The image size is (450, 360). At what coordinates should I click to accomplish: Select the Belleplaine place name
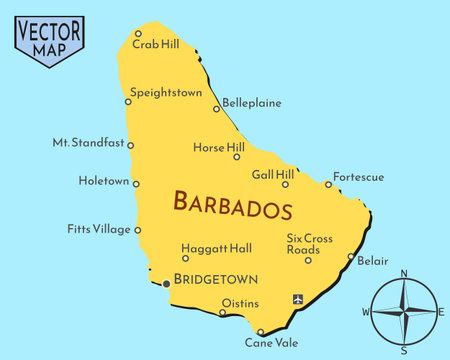pos(251,102)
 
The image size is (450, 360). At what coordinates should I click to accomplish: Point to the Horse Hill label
pos(218,147)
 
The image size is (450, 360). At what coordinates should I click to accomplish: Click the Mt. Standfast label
pos(88,143)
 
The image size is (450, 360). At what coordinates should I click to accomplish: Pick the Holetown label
pos(103,181)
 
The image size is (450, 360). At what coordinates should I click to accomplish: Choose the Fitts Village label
pos(99,229)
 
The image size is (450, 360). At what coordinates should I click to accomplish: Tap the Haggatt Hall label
pos(216,247)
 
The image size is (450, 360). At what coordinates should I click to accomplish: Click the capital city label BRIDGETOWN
pos(216,279)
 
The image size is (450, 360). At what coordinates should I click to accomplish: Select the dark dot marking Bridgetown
pos(166,284)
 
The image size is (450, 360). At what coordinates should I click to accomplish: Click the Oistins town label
pos(240,303)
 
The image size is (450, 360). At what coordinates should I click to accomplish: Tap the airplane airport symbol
pos(297,299)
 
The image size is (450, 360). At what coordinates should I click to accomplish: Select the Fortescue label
pos(358,177)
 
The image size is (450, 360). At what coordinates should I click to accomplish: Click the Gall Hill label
pos(272,173)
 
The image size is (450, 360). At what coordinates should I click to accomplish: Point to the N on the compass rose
pos(404,273)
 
